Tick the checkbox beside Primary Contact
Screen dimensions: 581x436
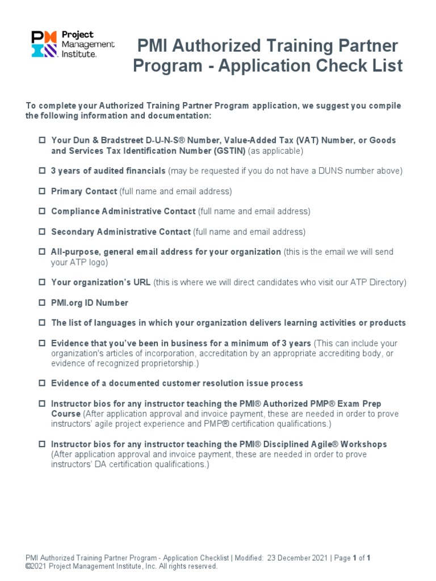42,191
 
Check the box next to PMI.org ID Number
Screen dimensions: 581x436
42,303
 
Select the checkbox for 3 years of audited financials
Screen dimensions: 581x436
42,171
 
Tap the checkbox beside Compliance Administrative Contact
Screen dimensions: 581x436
42,211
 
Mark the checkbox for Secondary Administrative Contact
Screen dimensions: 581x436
42,231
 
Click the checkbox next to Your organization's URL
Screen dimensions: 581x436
42,282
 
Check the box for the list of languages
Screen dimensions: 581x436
42,323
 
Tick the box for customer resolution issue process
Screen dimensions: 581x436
42,384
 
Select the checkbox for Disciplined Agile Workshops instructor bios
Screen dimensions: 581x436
42,444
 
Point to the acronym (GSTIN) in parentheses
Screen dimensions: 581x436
230,151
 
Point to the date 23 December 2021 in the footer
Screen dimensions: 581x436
297,558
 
